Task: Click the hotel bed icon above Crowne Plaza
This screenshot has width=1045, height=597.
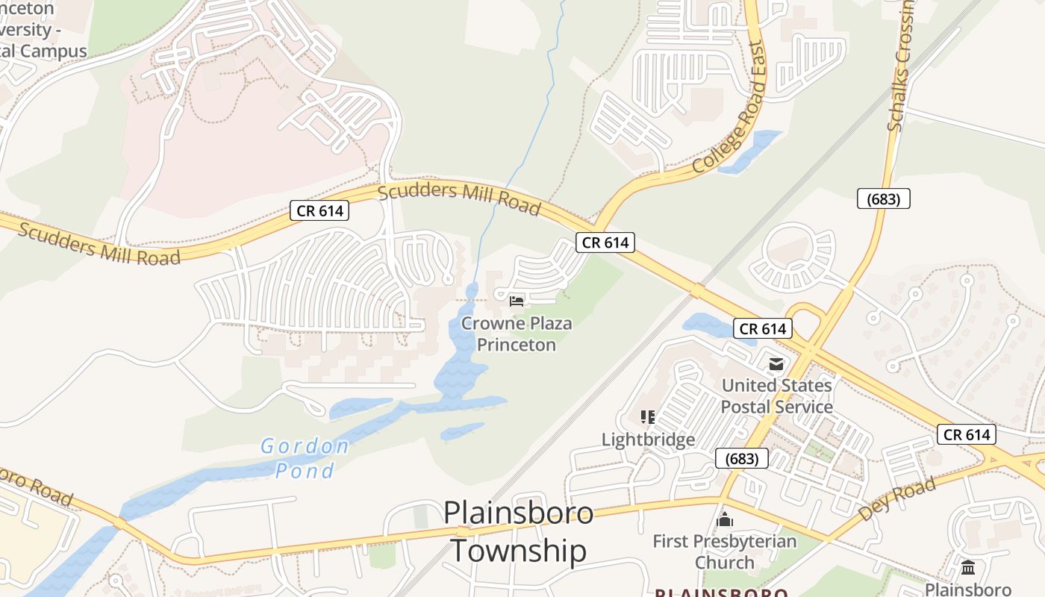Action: tap(517, 301)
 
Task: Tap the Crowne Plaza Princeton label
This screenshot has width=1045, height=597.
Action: tap(517, 334)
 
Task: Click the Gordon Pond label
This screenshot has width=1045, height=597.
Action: tap(305, 458)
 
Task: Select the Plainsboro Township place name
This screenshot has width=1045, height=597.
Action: tap(519, 532)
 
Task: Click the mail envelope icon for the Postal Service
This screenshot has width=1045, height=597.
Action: tap(776, 364)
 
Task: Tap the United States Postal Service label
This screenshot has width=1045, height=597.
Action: tap(776, 396)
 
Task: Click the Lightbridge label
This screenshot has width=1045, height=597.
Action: tap(648, 440)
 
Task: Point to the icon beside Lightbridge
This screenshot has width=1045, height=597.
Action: tap(648, 416)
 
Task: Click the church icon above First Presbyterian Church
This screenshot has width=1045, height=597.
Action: tap(725, 519)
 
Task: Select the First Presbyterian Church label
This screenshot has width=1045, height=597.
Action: tap(725, 551)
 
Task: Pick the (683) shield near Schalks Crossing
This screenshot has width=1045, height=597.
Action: tap(883, 199)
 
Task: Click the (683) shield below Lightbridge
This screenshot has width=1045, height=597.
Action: tap(741, 458)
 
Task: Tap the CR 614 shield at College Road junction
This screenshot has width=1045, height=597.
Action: tap(605, 242)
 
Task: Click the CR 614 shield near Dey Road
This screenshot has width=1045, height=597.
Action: tap(967, 434)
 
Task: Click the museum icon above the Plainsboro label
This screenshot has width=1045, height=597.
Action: tap(968, 568)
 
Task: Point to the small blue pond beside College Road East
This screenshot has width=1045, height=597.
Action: tap(749, 151)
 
